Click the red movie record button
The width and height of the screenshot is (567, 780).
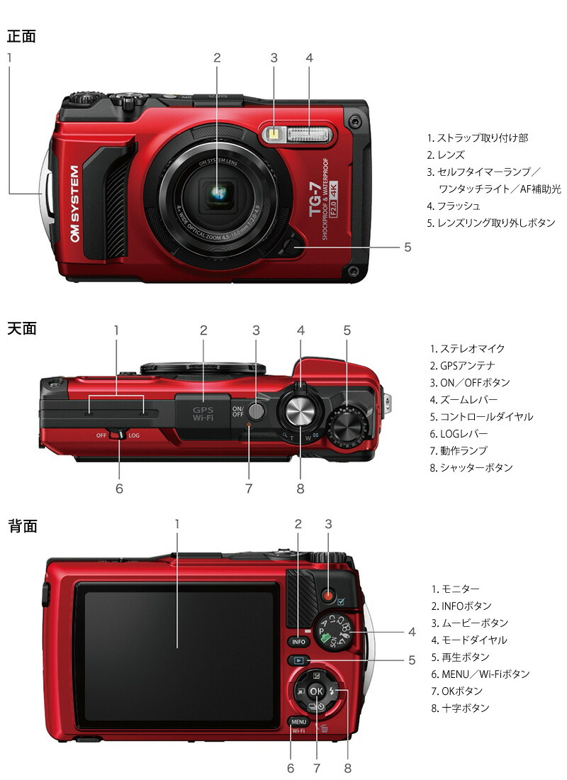(x=328, y=595)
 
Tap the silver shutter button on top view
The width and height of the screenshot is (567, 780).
(x=301, y=411)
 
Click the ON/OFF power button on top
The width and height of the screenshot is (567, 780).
(x=257, y=411)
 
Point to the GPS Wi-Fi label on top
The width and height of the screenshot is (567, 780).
(x=203, y=414)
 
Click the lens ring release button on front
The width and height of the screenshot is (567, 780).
(x=291, y=247)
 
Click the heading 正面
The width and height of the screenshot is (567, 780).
(x=21, y=35)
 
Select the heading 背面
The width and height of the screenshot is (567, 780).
(x=21, y=526)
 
